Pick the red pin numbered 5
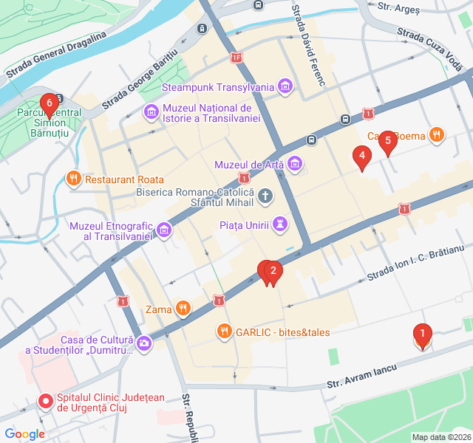pos(387,143)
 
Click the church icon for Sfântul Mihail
pos(265,196)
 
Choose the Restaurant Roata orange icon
pos(72,179)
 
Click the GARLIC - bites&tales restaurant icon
pos(223,332)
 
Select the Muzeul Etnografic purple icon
pos(164,230)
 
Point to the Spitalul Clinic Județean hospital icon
pos(46,402)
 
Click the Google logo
pos(24,434)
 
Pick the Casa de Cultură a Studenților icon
pos(144,343)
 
